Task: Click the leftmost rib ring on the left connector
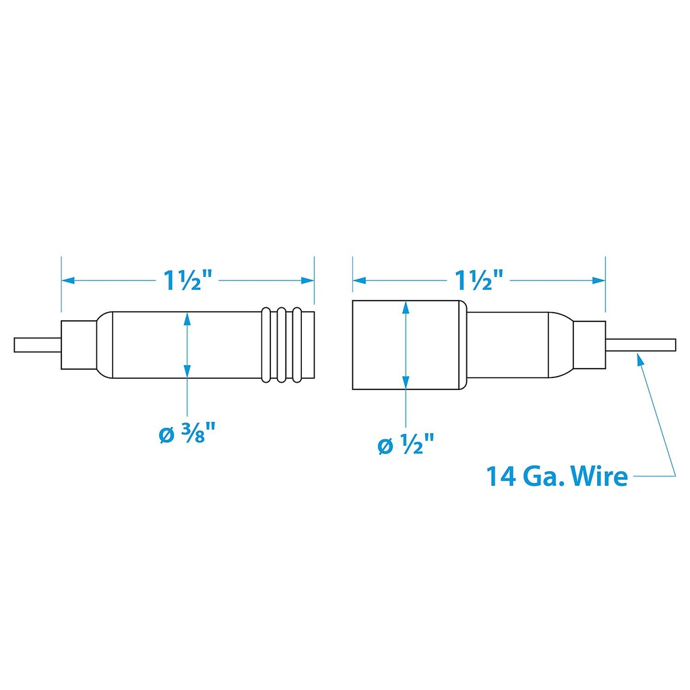(x=265, y=344)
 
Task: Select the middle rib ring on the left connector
(x=281, y=344)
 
